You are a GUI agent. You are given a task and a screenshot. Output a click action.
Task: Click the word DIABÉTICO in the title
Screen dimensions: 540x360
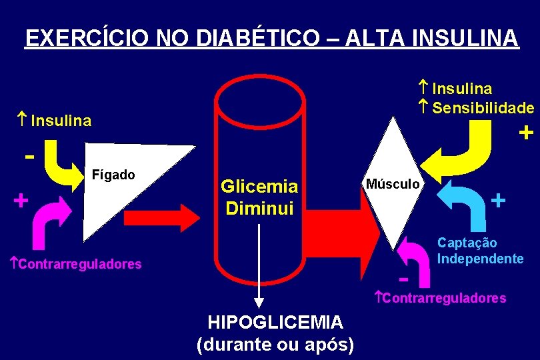coord(246,37)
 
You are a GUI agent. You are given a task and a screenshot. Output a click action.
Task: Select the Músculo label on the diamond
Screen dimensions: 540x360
coord(392,183)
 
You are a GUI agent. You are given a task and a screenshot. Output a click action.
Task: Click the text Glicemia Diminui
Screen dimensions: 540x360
coord(259,197)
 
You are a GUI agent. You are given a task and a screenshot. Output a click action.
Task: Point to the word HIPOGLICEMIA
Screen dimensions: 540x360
coord(275,323)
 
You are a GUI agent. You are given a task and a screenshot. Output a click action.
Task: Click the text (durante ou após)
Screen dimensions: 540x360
coord(275,344)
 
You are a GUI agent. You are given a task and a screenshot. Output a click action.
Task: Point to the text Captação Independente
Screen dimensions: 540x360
coord(480,251)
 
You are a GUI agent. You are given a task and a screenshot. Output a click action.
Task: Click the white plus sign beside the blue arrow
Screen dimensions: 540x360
coord(498,199)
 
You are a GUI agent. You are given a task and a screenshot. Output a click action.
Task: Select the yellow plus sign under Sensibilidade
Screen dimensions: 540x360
coord(525,133)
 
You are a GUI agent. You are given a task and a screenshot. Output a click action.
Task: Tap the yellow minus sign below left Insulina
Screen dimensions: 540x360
coord(29,157)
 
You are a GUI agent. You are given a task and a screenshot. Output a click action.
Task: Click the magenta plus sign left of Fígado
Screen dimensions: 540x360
coord(21,199)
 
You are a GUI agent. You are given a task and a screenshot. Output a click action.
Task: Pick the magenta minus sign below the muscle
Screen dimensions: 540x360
coord(403,275)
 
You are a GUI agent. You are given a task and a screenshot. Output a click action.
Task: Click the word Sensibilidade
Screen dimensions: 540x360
coord(483,107)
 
